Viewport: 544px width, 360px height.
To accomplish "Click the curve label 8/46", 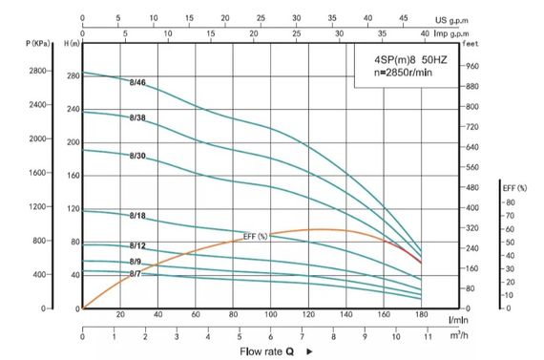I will [137, 83].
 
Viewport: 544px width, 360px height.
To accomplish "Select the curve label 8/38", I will [137, 117].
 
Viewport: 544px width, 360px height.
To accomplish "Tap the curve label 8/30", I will [137, 156].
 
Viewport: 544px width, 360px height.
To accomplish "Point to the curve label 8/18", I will [137, 217].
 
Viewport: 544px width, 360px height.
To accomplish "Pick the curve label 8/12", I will [137, 246].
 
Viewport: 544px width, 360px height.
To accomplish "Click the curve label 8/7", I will [136, 275].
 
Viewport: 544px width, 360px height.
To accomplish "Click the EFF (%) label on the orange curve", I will [256, 237].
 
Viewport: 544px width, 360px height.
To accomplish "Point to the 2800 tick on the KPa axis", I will [40, 72].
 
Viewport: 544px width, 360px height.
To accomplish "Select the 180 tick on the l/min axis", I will [421, 314].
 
